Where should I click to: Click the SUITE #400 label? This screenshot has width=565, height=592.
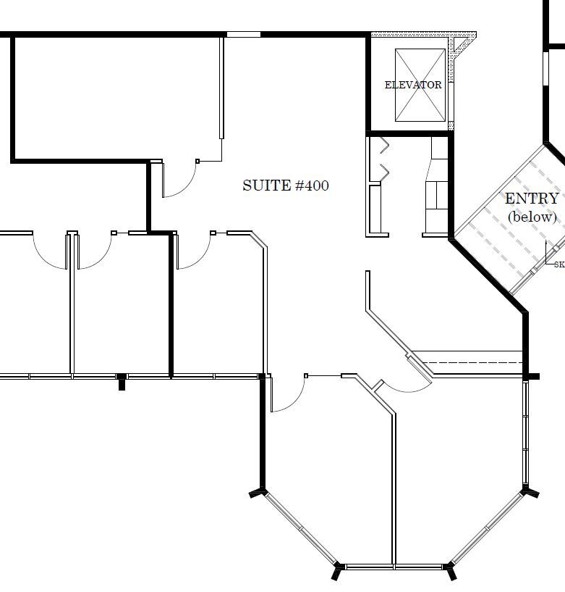coord(285,185)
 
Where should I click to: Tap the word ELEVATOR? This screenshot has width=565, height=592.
coord(413,85)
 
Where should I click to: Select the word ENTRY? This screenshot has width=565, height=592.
coord(531,199)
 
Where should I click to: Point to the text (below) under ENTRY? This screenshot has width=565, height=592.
coord(532,217)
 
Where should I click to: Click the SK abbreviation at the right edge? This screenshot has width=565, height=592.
coord(558,264)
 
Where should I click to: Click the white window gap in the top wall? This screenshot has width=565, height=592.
coord(244,33)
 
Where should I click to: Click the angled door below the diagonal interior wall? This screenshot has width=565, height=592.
coord(418,366)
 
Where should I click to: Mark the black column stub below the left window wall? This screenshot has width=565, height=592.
coord(122,383)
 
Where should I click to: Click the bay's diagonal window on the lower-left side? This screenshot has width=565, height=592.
coord(300,529)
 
